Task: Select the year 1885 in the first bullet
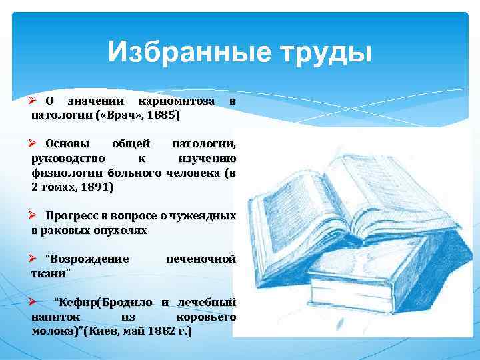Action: tap(164, 115)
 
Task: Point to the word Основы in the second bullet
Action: tap(69, 143)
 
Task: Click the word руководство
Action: tap(67, 159)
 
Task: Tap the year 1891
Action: tap(96, 188)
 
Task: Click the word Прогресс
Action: tap(75, 216)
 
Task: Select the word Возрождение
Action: tap(87, 259)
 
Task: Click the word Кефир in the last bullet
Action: tap(75, 302)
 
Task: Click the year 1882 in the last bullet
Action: tap(165, 331)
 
